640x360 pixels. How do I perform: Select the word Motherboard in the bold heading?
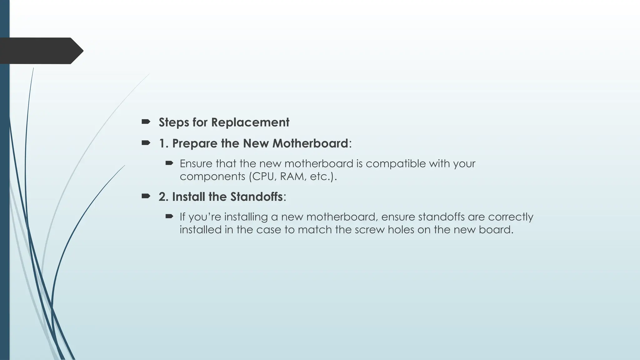pos(311,143)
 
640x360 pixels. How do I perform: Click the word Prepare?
pos(195,144)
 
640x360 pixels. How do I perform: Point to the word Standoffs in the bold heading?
pos(256,197)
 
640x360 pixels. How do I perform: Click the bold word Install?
pos(188,197)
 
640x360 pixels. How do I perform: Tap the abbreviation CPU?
pos(264,177)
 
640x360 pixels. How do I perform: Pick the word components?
pos(212,177)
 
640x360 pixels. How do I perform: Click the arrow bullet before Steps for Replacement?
pos(146,122)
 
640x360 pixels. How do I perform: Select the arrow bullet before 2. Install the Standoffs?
pos(146,196)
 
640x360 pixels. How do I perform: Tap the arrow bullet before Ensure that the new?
pos(169,163)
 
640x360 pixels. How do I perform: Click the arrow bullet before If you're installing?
pos(169,216)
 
